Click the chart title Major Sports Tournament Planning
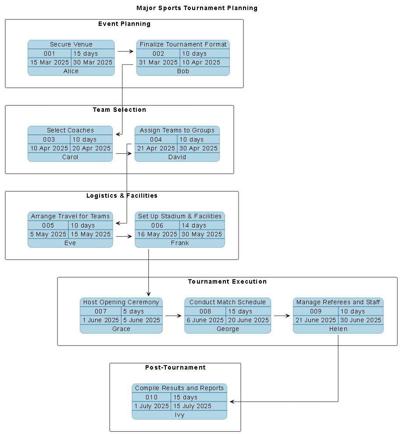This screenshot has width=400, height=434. [197, 8]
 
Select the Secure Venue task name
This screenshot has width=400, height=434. [71, 44]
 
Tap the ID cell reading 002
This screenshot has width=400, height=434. [158, 53]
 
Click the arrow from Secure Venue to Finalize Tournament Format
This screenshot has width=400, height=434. [125, 51]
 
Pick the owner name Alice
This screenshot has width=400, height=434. [71, 71]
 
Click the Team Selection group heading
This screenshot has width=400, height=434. [119, 110]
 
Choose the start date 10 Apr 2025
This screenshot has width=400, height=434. [49, 148]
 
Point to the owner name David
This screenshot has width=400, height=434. [177, 157]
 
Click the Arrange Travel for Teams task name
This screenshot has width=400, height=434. [70, 216]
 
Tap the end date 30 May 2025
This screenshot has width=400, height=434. [202, 234]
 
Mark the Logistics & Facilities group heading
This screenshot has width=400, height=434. [122, 196]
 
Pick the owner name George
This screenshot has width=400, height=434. [228, 329]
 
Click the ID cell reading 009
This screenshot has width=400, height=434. [316, 311]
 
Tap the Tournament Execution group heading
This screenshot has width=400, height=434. [227, 281]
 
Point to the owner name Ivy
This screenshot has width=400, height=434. [179, 415]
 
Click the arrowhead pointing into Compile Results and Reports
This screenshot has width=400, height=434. [232, 402]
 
